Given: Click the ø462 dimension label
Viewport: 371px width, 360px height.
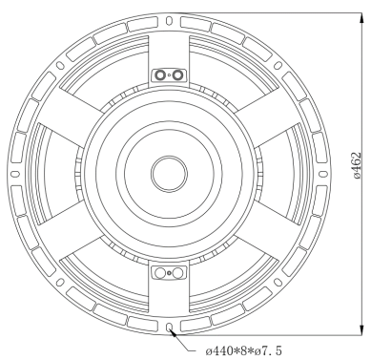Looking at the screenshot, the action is point(358,165).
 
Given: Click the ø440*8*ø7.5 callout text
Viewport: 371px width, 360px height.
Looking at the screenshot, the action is point(243,351).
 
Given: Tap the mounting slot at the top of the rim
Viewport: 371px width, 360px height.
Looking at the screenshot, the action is point(169,21).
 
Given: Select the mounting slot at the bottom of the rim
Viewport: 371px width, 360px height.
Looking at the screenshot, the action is point(169,328).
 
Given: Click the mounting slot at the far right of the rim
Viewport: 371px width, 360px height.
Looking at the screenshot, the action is point(323,174).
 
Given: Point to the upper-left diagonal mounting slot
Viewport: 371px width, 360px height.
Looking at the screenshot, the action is point(60,65).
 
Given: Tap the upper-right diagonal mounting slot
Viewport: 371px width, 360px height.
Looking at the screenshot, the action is point(278,65).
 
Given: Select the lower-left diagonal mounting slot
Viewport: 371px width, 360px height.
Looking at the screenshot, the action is point(60,283).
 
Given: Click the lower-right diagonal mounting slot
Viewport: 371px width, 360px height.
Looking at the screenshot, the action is point(278,283).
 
